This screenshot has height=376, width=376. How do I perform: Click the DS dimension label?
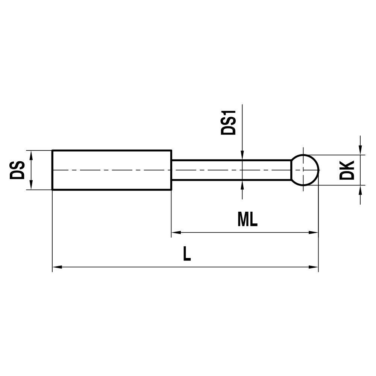[x=17, y=170]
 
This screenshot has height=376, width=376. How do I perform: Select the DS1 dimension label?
[x=228, y=123]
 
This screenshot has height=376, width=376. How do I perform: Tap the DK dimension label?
[x=347, y=170]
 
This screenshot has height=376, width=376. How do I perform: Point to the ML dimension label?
[x=247, y=220]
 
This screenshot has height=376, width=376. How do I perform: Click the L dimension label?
[x=187, y=254]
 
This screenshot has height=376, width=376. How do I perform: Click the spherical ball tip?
[x=305, y=170]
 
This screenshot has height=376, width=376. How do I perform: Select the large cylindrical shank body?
[x=112, y=170]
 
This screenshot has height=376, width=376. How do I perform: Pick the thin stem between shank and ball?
[x=231, y=170]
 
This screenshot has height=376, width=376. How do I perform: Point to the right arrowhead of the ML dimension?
[x=314, y=232]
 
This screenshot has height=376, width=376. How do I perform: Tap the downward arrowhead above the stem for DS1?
[x=243, y=156]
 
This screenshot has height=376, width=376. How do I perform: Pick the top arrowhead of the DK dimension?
[x=360, y=150]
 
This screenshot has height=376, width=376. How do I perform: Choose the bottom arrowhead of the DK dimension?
[x=360, y=190]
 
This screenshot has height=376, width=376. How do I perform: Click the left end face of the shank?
[x=52, y=170]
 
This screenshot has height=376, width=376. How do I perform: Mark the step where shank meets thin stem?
[x=171, y=170]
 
